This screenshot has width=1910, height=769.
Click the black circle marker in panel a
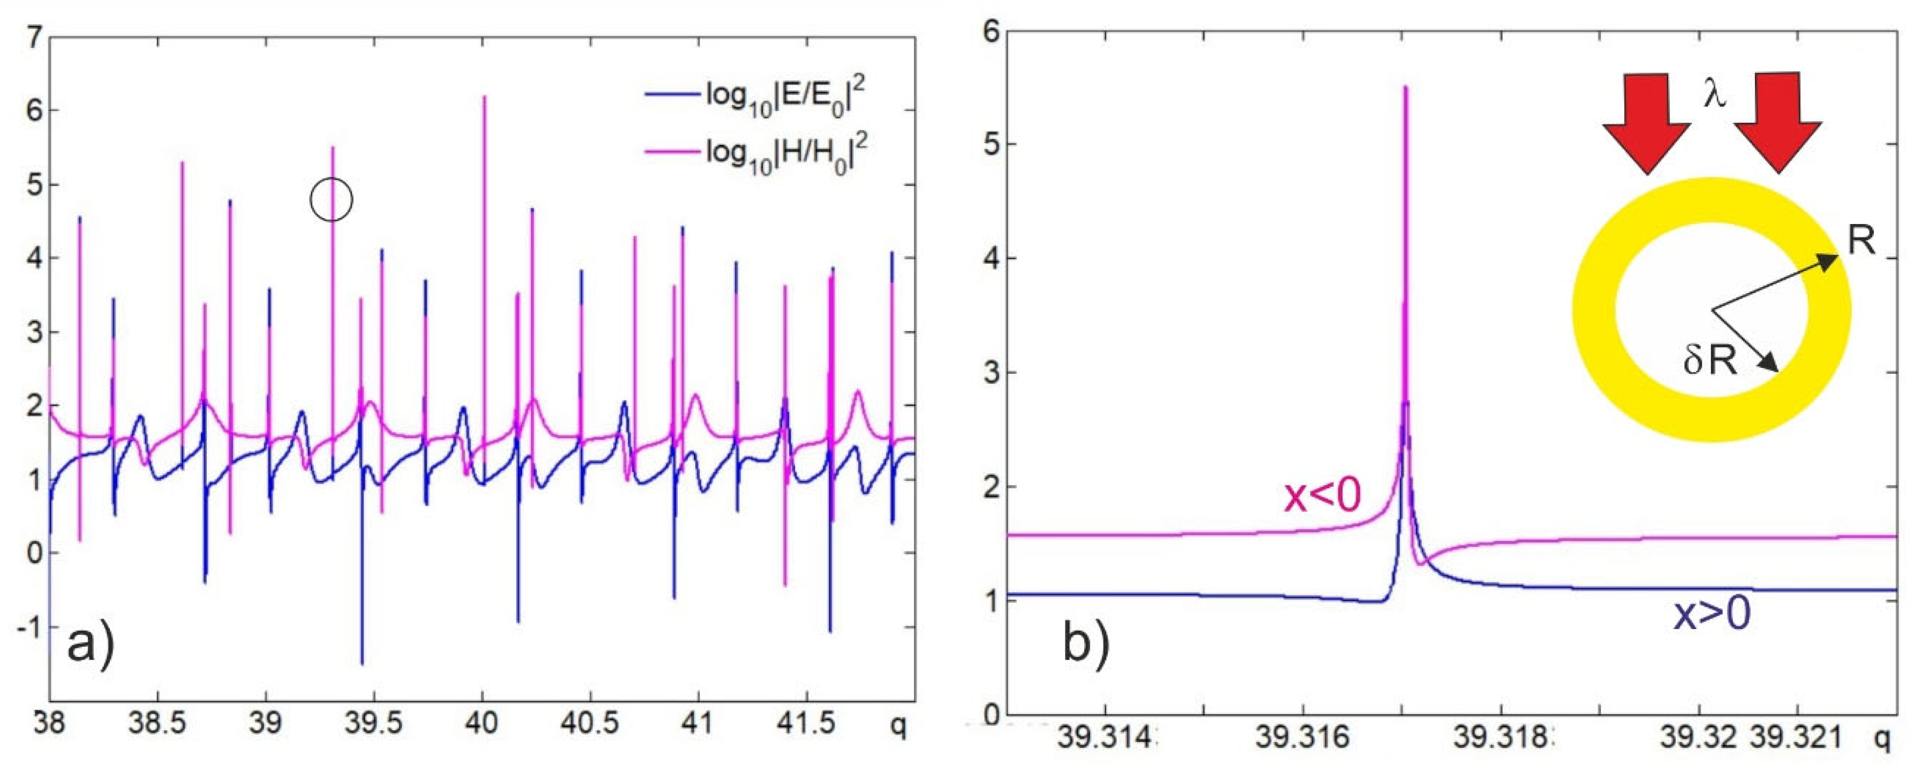point(332,199)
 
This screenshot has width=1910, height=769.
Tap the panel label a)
point(90,643)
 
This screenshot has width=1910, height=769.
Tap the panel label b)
point(1086,643)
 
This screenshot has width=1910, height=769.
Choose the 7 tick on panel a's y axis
point(34,37)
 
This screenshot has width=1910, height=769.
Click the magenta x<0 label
point(1322,497)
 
